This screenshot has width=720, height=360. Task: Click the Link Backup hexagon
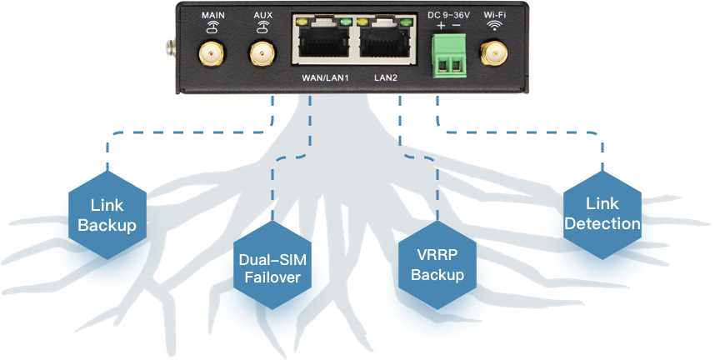(x=107, y=214)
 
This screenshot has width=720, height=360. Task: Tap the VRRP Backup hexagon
(x=437, y=265)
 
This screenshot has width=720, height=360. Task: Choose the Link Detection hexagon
(x=602, y=214)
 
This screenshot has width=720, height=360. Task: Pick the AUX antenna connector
(x=262, y=55)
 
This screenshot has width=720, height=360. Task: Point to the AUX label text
(x=262, y=15)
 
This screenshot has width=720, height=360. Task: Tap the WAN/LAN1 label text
(x=324, y=80)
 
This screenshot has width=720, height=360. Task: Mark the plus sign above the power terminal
(x=440, y=26)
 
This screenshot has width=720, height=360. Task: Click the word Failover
(x=272, y=277)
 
